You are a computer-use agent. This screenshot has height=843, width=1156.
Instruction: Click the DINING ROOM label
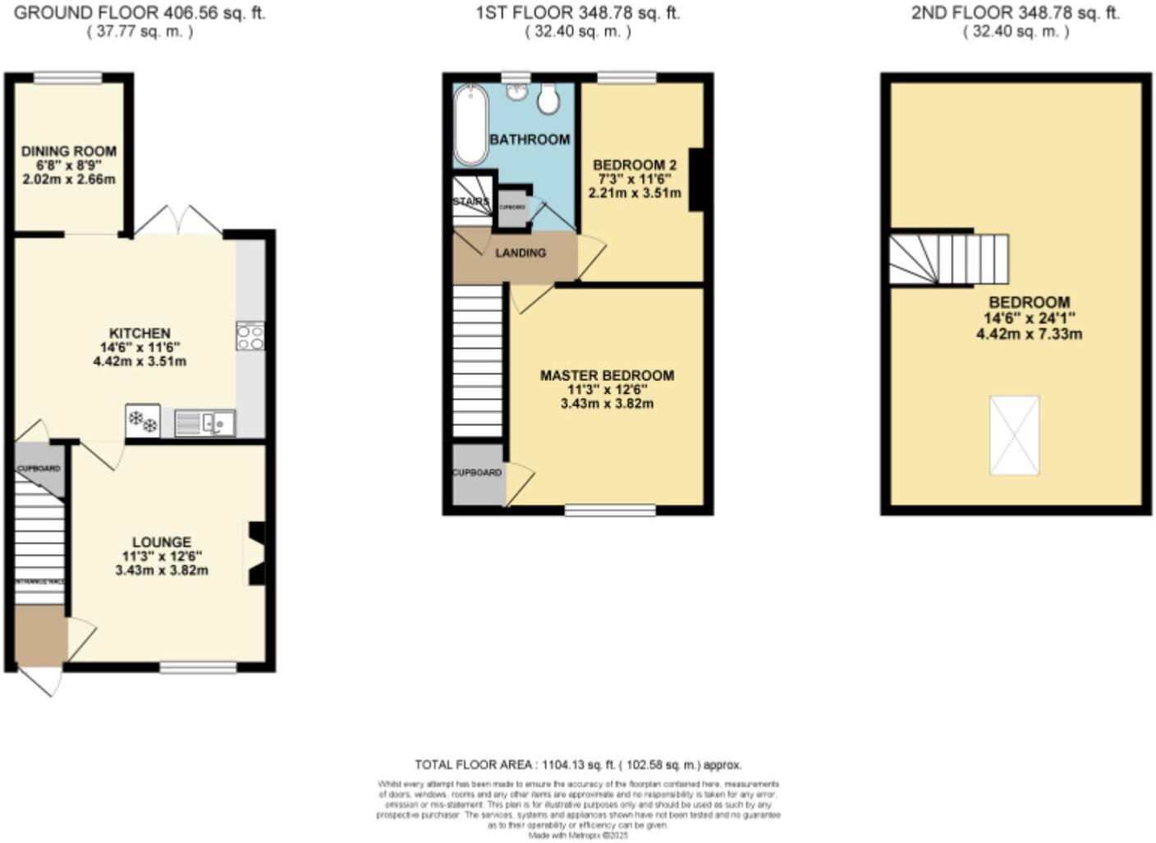69,151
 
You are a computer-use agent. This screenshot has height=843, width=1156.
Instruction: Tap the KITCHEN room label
140,333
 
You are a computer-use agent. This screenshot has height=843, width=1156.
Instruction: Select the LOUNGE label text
162,543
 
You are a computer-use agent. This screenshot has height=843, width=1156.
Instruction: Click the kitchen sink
205,424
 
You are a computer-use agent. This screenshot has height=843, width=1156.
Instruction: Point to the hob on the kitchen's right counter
250,336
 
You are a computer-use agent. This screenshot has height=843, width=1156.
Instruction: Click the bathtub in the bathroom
470,125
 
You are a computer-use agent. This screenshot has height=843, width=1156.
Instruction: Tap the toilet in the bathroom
549,100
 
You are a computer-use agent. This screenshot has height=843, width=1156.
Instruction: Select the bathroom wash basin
516,91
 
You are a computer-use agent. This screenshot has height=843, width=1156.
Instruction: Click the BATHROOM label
530,140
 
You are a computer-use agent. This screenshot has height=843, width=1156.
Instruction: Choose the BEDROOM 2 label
635,165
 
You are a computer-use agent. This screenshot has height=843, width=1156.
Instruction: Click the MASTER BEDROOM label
607,375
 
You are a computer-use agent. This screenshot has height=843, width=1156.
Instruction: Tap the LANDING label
521,253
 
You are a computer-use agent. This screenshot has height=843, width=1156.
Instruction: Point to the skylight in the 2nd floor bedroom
1015,435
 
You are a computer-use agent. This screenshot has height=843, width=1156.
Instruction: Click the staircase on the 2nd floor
949,259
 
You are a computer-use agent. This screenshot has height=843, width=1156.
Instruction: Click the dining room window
68,78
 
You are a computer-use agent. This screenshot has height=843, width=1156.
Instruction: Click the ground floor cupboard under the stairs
39,469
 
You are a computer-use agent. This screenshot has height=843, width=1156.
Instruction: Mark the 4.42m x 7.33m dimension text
1029,334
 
